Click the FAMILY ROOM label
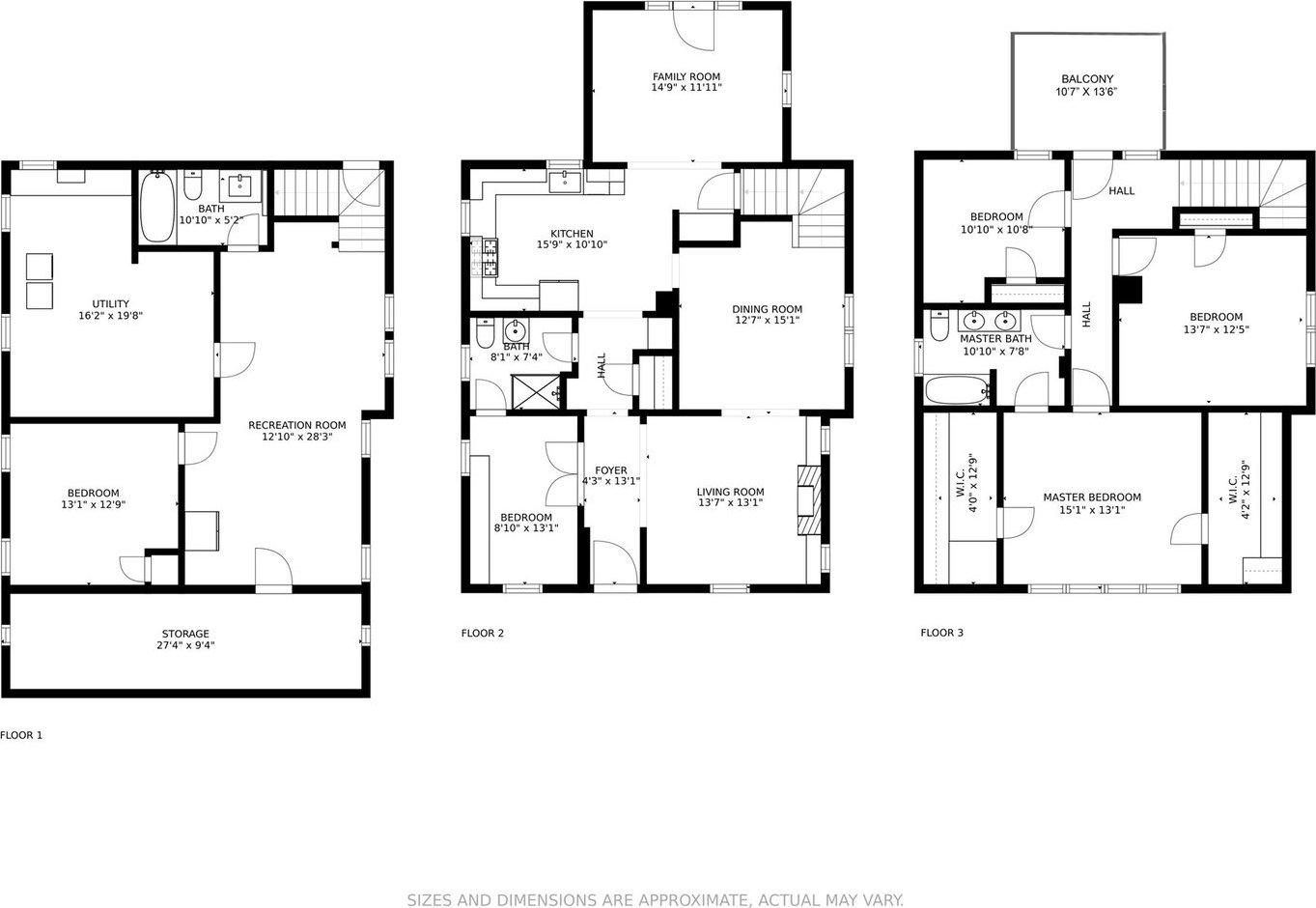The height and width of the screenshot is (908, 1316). point(686,77)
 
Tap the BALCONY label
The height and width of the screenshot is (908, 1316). point(1087,79)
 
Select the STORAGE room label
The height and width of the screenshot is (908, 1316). point(185,634)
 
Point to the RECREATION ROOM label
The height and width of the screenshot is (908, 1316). point(297,425)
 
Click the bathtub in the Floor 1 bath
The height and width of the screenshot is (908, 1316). point(157,207)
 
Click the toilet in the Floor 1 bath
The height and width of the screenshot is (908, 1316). point(193,184)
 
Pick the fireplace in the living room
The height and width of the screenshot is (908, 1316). point(808,500)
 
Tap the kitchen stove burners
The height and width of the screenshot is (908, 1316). point(490,257)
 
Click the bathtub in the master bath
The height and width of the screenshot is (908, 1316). point(957,390)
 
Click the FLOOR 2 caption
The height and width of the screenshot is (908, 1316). point(483,633)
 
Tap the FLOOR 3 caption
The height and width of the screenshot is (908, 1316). point(941,633)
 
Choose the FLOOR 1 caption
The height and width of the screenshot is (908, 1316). point(21,735)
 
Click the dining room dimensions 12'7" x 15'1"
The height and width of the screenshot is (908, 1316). point(768,321)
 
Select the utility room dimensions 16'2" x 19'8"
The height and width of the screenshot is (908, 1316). point(110,316)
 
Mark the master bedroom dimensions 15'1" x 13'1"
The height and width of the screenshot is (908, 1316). point(1092,510)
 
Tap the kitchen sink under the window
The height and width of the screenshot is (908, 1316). point(565,183)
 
